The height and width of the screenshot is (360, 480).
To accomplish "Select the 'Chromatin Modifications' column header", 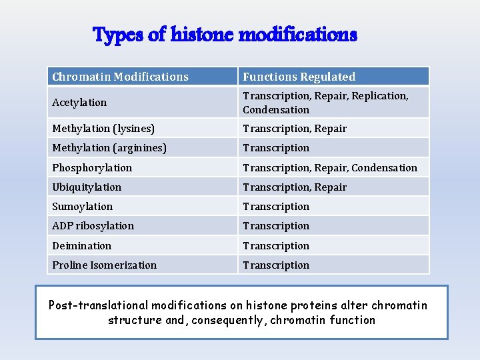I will click(121, 77).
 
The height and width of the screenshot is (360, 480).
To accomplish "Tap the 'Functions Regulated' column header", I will click(299, 77).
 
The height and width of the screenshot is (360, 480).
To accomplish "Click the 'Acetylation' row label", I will click(79, 103).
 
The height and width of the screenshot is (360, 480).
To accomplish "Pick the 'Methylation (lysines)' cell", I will click(103, 129).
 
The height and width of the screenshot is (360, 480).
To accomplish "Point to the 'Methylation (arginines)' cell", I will click(109, 148).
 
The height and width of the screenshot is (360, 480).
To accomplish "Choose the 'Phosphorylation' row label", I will click(92, 168).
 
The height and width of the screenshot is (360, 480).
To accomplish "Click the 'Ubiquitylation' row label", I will click(87, 187).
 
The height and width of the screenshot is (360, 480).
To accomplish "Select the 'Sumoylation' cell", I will click(83, 207).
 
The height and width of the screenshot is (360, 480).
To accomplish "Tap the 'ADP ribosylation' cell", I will click(93, 226).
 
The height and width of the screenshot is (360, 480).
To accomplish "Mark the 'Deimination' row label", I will click(82, 246).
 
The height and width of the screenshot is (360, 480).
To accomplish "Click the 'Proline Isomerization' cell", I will click(105, 265).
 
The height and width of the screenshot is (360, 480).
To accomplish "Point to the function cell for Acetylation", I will click(325, 103).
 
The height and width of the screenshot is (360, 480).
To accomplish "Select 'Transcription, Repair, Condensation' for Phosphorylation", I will click(330, 168).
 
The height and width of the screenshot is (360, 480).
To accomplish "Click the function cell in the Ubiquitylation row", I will click(295, 187).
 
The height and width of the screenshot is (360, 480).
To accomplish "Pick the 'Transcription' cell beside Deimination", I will click(276, 246).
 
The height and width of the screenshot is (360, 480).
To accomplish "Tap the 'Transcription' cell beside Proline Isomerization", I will click(276, 265).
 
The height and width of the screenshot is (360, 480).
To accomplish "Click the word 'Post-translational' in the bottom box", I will click(98, 306).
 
